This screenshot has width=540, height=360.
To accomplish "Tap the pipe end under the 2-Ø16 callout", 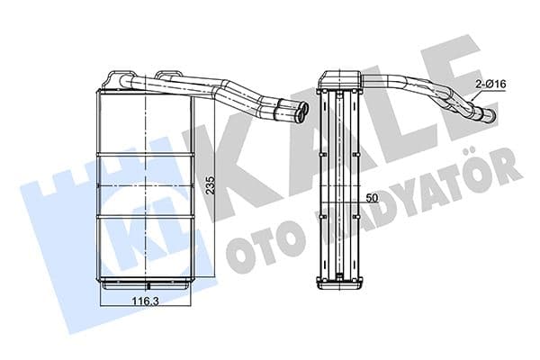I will (x=489, y=115).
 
